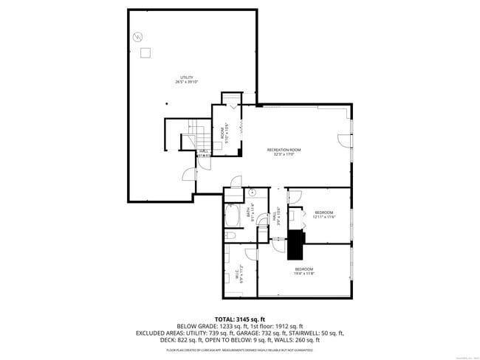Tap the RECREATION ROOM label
pos(284,150)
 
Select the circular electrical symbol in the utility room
pos(137,37)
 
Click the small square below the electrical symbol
pos(146,52)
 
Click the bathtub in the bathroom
pos(232,217)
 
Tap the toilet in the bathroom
pos(230,236)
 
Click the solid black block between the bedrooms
pos(296,242)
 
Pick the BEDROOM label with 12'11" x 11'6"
pos(324,212)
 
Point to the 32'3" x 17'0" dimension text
pos(284,155)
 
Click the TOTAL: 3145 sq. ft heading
pos(240,318)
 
